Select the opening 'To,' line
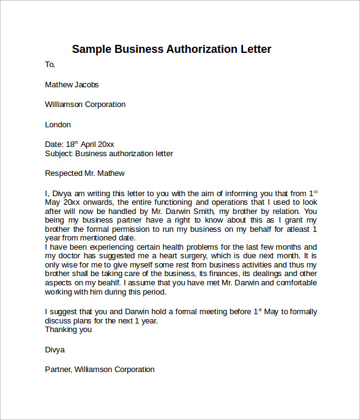tap(50, 65)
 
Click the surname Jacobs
tap(86, 84)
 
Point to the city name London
tap(58, 124)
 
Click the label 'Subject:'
tap(59, 154)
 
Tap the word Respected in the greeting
tap(64, 173)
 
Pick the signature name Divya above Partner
tap(55, 349)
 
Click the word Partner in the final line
tap(59, 370)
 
